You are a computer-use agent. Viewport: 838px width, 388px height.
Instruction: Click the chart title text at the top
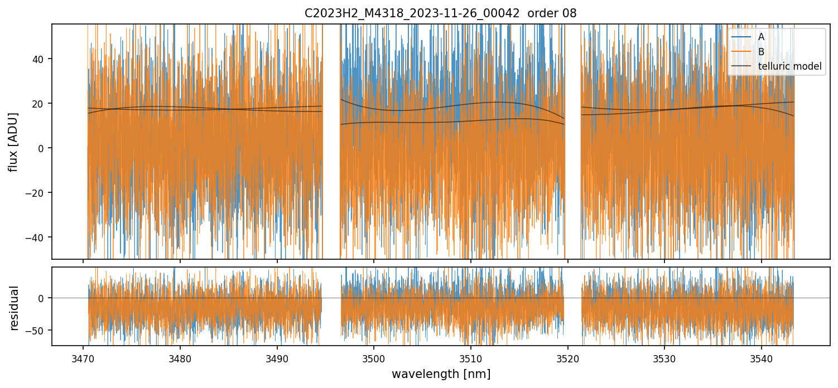pos(441,13)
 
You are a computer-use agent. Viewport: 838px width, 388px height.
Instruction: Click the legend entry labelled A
pos(761,37)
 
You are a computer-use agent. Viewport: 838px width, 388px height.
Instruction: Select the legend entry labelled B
pos(761,52)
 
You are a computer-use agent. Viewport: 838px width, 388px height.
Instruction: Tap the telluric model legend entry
pos(790,66)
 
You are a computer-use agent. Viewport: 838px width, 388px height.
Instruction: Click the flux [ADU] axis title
pos(13,142)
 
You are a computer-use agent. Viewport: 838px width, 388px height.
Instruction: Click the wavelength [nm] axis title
pos(441,374)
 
